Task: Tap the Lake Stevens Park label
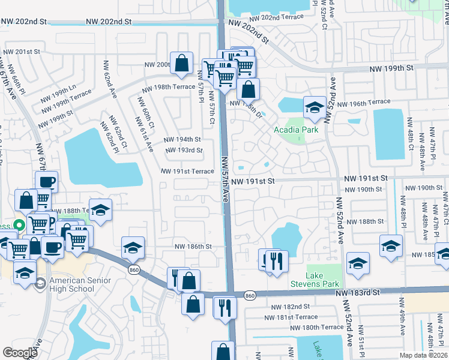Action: pos(322,279)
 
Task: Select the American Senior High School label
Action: pos(72,284)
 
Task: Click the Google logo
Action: pos(20,352)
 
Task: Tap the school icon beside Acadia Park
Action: pos(314,108)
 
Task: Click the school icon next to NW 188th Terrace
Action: pos(100,210)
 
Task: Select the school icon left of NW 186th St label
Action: pos(133,247)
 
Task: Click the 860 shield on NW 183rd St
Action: pos(250,295)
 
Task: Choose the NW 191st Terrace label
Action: pos(187,171)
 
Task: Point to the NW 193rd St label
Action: pos(183,150)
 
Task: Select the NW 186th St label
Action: pos(193,247)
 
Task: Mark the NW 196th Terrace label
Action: pos(363,103)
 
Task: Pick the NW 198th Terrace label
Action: pos(168,87)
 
